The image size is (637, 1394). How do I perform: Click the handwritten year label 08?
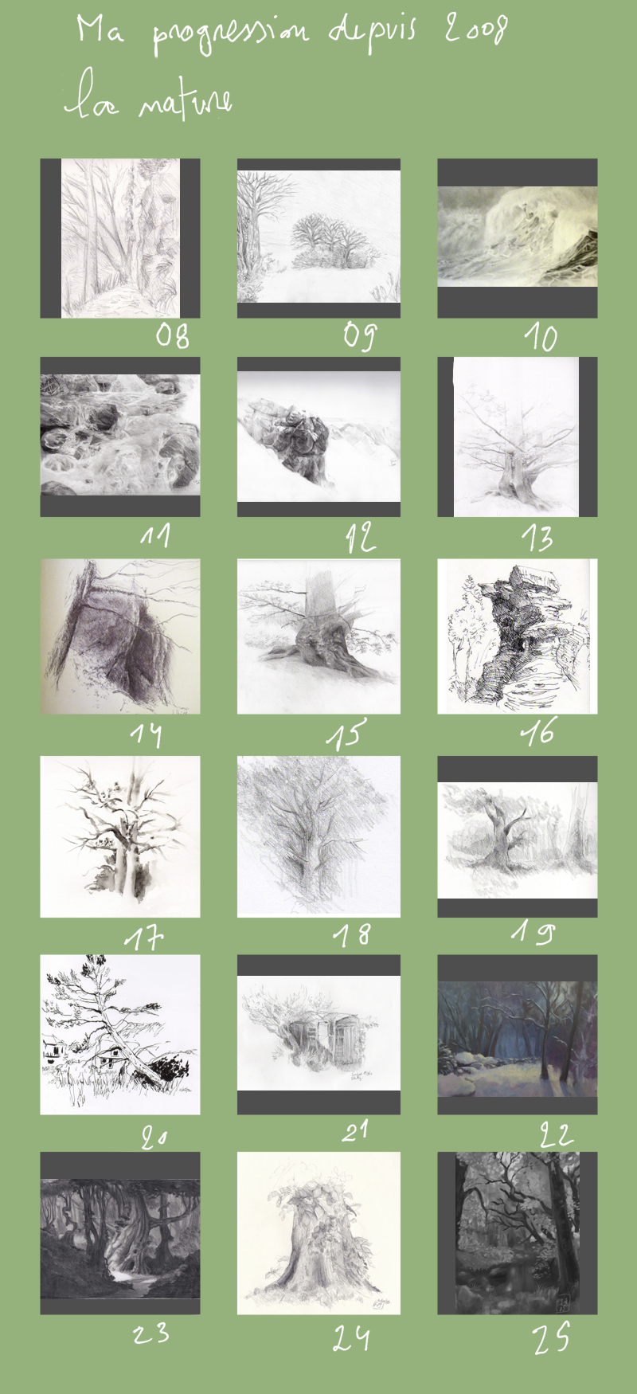pyautogui.click(x=172, y=335)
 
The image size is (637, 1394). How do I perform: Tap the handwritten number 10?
pyautogui.click(x=541, y=338)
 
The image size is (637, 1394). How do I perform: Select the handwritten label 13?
pyautogui.click(x=537, y=538)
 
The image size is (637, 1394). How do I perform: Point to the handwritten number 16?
pyautogui.click(x=538, y=731)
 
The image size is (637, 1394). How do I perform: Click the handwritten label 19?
pyautogui.click(x=533, y=930)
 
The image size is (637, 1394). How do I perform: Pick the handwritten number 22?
pyautogui.click(x=556, y=1133)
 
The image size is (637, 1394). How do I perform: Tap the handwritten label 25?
pyautogui.click(x=552, y=1336)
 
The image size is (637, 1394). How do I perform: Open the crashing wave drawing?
pyautogui.click(x=518, y=237)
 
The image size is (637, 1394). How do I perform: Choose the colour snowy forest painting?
pyautogui.click(x=518, y=1039)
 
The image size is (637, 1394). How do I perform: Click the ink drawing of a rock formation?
pyautogui.click(x=518, y=636)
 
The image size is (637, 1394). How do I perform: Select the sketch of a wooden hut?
pyautogui.click(x=318, y=1033)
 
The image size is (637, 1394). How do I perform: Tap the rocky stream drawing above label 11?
pyautogui.click(x=120, y=434)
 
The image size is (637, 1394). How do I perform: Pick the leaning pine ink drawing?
pyautogui.click(x=120, y=1035)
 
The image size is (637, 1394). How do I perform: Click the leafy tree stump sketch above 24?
pyautogui.click(x=318, y=1233)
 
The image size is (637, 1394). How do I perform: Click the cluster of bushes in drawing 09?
pyautogui.click(x=328, y=241)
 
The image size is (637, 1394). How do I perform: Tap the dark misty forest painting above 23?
pyautogui.click(x=120, y=1239)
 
